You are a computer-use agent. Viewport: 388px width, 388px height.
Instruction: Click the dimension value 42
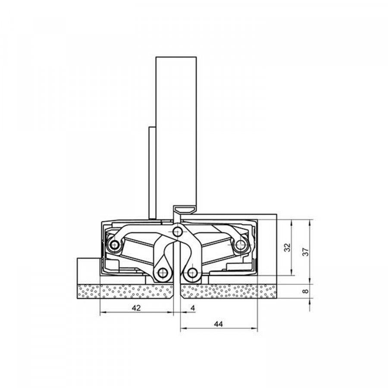136,308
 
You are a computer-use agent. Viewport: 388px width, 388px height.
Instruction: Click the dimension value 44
218,324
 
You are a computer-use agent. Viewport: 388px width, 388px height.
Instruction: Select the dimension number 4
193,308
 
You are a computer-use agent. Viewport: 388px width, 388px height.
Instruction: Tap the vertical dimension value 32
287,247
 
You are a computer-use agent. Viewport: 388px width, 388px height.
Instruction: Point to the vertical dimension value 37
306,252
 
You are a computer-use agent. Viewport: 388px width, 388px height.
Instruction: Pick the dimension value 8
306,291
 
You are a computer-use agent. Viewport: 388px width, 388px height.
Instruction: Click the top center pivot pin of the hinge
177,232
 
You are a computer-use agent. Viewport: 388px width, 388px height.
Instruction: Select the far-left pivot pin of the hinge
114,245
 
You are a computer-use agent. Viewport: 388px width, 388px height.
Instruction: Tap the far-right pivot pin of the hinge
240,245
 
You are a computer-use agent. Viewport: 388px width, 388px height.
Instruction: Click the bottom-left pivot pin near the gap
163,273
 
